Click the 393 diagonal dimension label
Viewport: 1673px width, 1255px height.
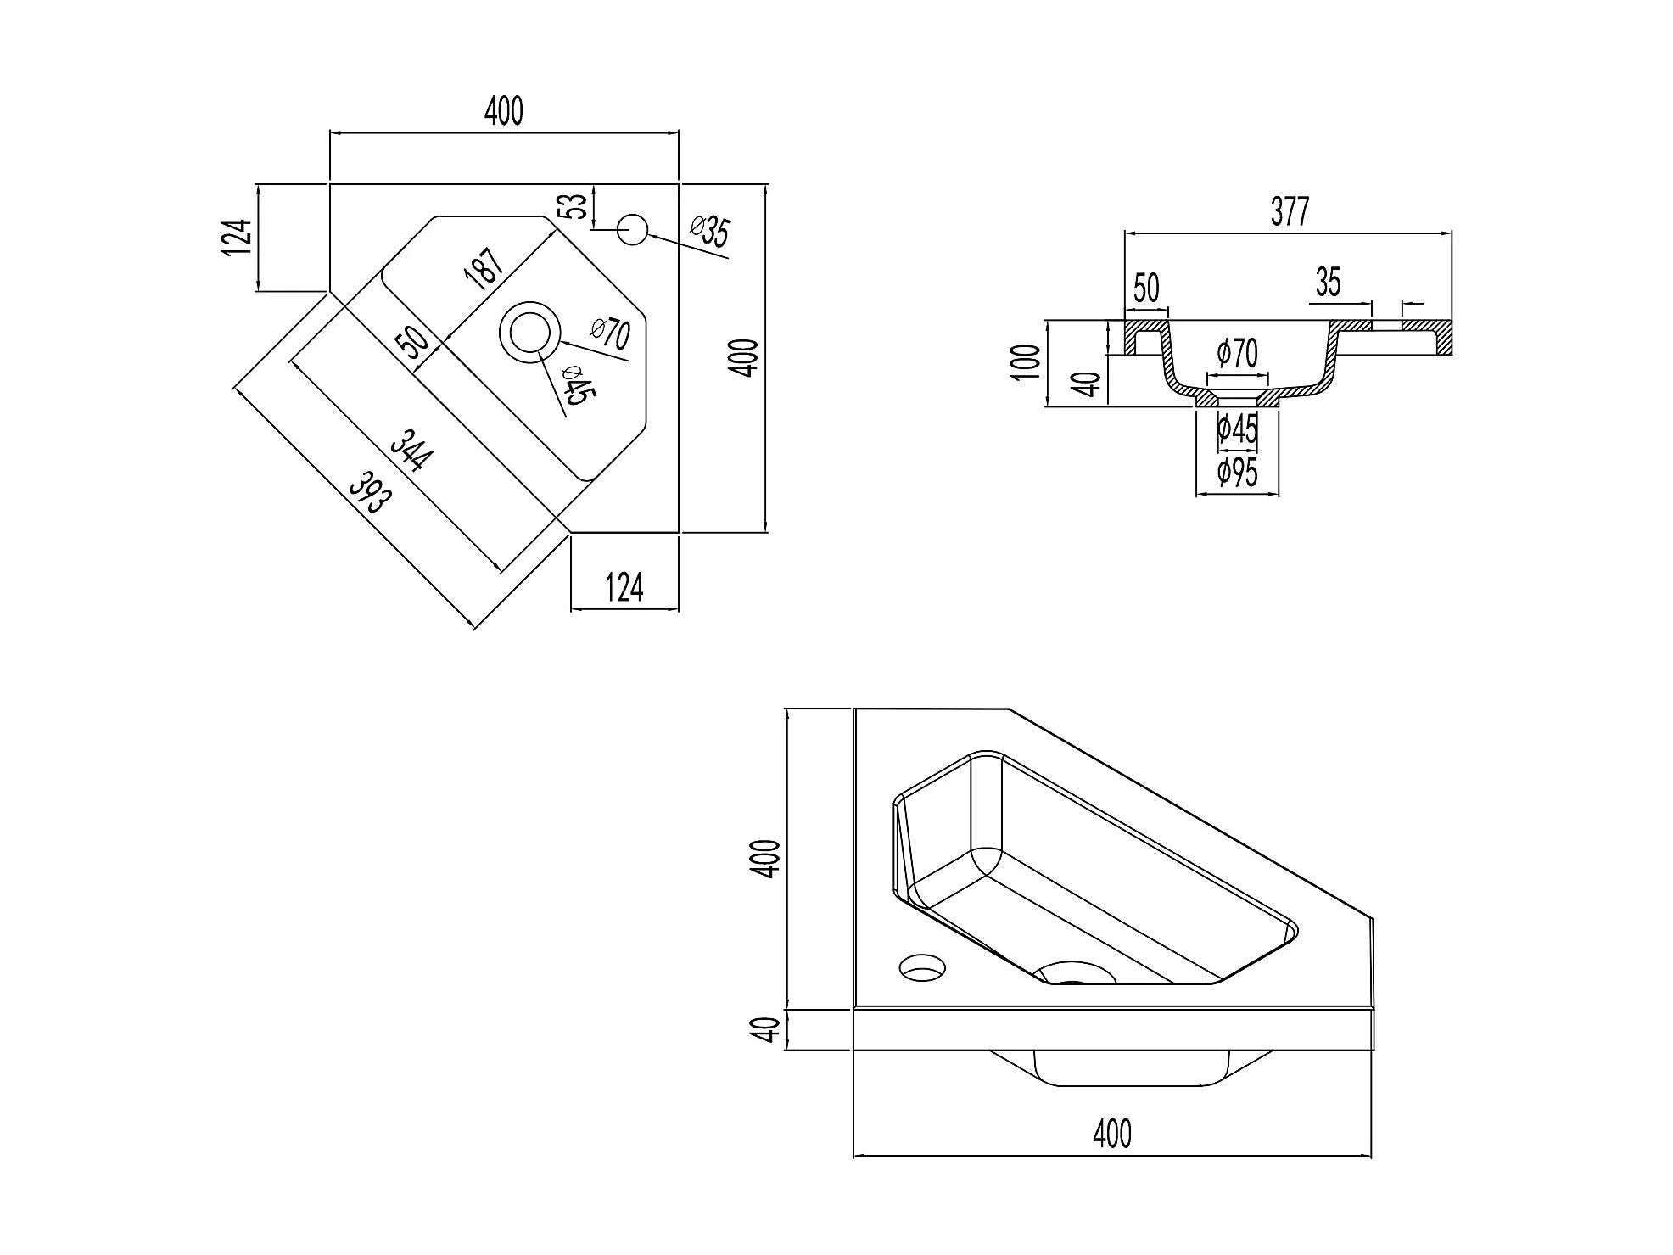(x=371, y=495)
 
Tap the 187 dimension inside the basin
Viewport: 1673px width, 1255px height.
(x=484, y=269)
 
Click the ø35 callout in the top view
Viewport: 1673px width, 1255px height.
(x=710, y=231)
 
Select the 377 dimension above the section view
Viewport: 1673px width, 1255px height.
(x=1290, y=211)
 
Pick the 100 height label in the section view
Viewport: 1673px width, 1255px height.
(x=1026, y=363)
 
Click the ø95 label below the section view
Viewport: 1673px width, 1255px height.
(x=1238, y=472)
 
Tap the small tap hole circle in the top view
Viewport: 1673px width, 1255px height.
(x=632, y=229)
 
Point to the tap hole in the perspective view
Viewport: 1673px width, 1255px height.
(x=922, y=966)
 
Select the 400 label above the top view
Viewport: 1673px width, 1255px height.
(x=504, y=111)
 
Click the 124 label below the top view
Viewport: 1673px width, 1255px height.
(x=624, y=587)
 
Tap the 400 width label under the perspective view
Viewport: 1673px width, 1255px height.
(x=1112, y=1134)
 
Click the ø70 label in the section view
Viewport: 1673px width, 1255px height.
(x=1237, y=353)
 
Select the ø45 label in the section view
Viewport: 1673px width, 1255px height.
(x=1237, y=429)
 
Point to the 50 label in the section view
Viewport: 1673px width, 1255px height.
(x=1146, y=288)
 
